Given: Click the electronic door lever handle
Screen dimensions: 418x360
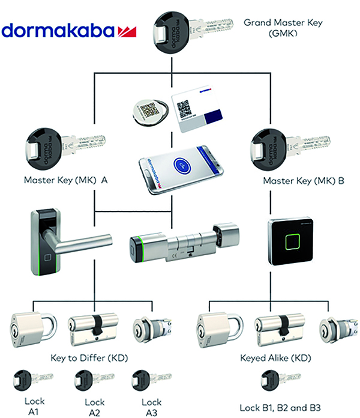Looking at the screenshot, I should pos(55,241).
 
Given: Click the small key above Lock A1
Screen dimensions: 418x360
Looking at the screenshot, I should pos(34,381).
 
